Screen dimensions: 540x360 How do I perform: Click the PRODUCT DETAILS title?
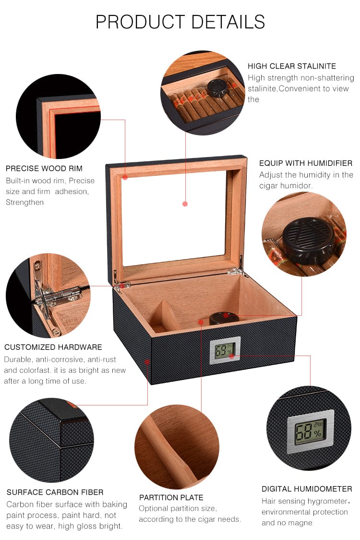pyautogui.click(x=180, y=22)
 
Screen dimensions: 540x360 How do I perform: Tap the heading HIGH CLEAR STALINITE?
pyautogui.click(x=291, y=66)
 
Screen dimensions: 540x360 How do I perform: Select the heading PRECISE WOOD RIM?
pyautogui.click(x=44, y=169)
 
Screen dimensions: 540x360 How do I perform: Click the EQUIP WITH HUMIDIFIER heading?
pyautogui.click(x=306, y=163)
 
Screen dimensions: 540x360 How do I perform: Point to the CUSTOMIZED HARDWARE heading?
pyautogui.click(x=53, y=347)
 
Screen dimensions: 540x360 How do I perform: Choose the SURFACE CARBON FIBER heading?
pyautogui.click(x=55, y=492)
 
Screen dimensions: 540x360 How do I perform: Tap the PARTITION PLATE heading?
pyautogui.click(x=171, y=497)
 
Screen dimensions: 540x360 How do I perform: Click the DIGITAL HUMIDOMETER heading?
pyautogui.click(x=307, y=489)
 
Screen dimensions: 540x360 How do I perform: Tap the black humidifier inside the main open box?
pyautogui.click(x=222, y=318)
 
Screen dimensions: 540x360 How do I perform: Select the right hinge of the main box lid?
pyautogui.click(x=236, y=271)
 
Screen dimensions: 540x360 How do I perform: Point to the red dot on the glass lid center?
pyautogui.click(x=185, y=204)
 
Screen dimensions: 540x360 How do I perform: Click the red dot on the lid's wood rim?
pyautogui.click(x=125, y=177)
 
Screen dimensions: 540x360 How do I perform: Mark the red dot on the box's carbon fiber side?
pyautogui.click(x=147, y=360)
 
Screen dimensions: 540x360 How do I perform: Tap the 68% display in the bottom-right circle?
pyautogui.click(x=310, y=431)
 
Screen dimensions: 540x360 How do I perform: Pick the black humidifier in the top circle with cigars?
pyautogui.click(x=217, y=88)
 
